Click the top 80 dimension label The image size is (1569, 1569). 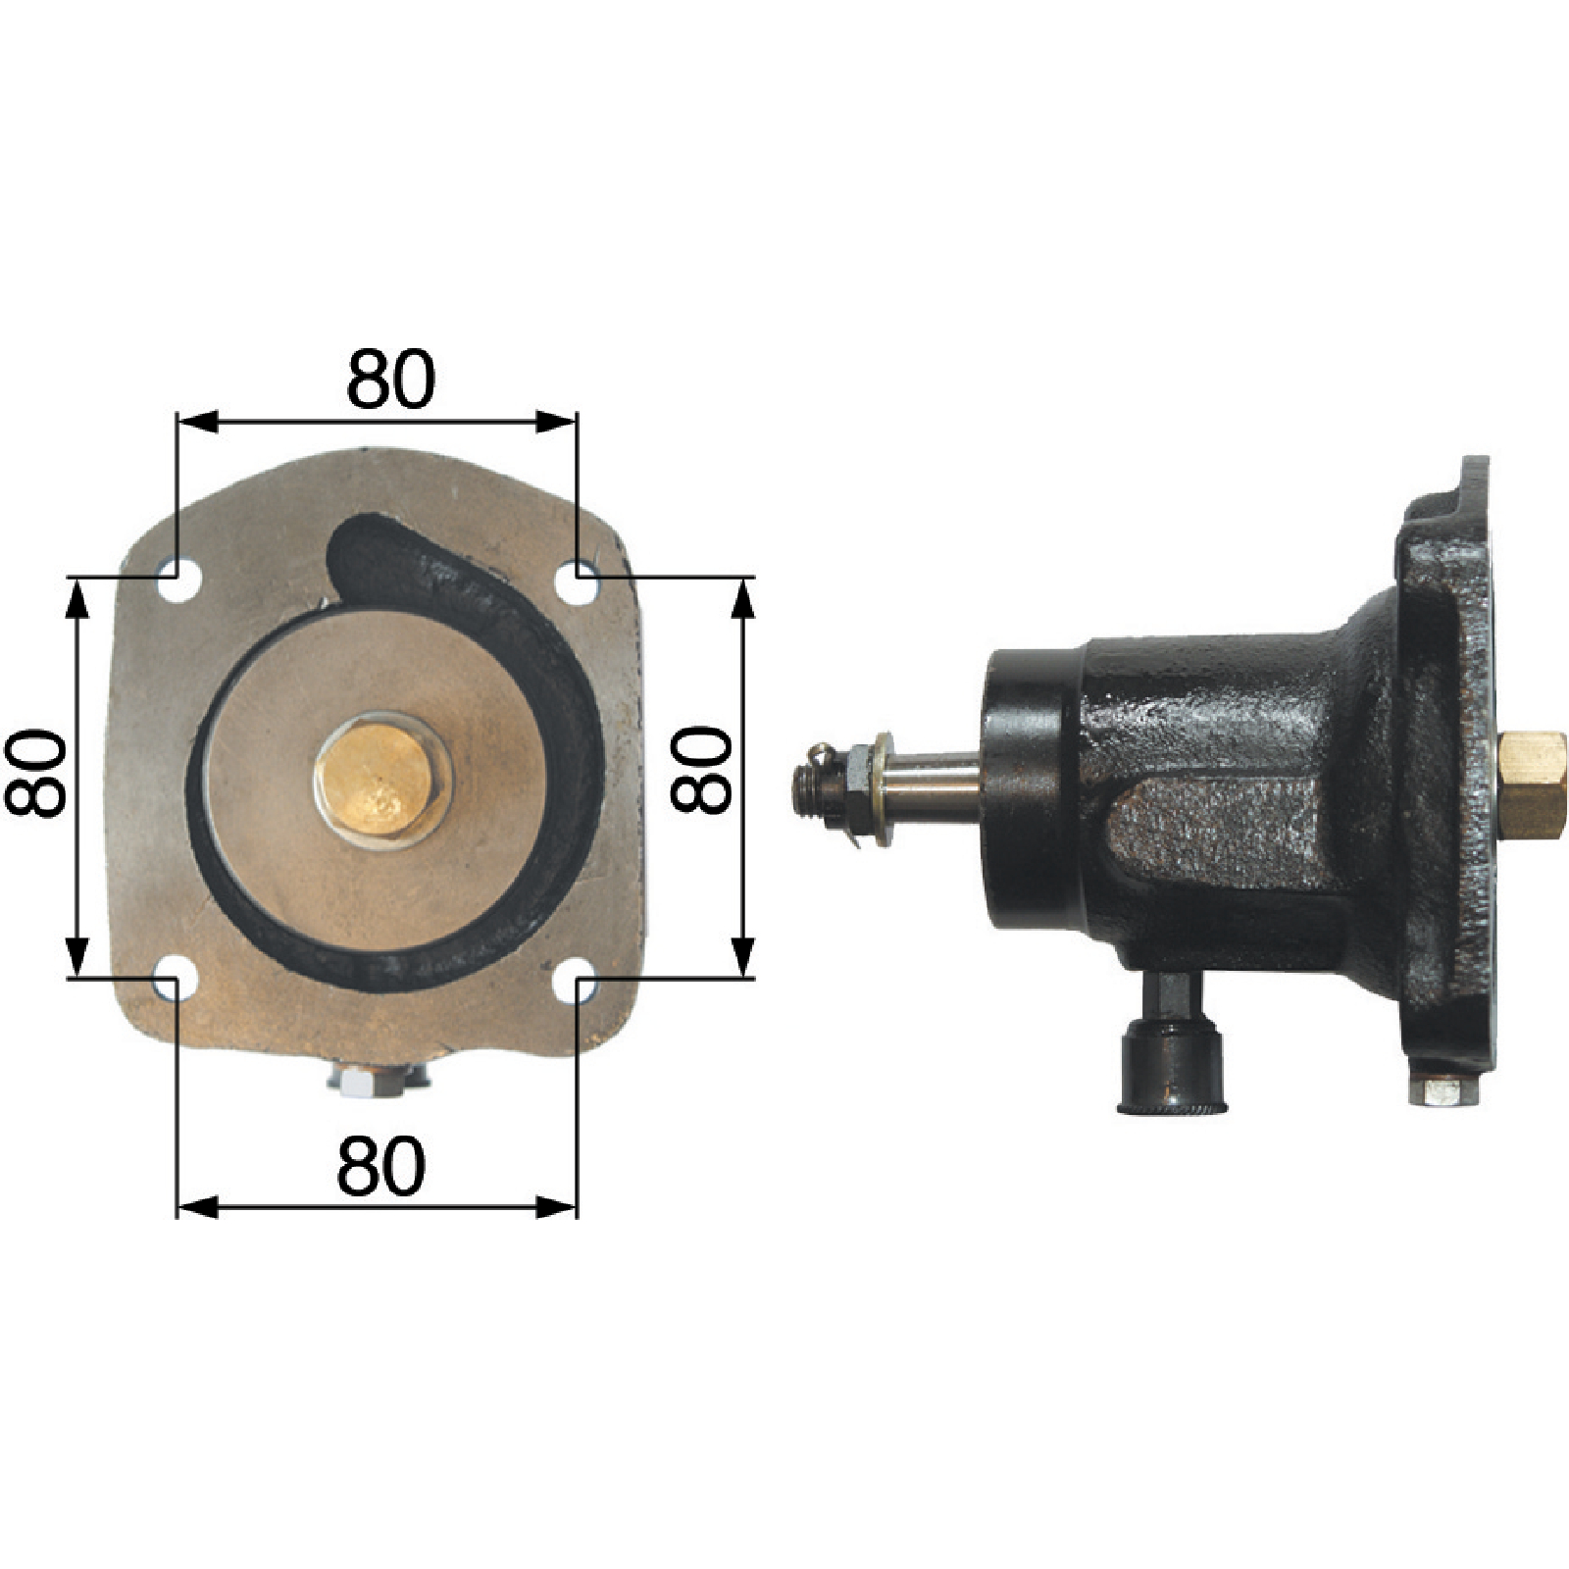point(390,379)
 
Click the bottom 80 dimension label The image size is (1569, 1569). point(381,1167)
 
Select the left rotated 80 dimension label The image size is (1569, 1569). point(35,773)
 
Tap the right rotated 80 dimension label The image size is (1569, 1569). point(701,769)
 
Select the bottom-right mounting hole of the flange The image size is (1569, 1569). point(582,984)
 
